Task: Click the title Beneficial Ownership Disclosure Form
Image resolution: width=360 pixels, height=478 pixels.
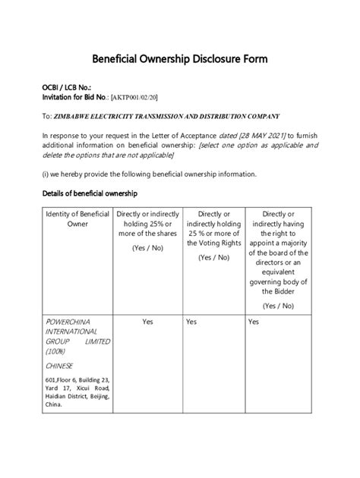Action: pyautogui.click(x=179, y=58)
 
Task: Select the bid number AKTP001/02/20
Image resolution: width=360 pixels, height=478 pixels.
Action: pyautogui.click(x=134, y=99)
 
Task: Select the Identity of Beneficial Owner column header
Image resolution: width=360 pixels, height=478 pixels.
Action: pyautogui.click(x=78, y=220)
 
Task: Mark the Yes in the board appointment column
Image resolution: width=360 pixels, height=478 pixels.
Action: pyautogui.click(x=254, y=322)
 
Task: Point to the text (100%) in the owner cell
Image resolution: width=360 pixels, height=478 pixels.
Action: pyautogui.click(x=55, y=351)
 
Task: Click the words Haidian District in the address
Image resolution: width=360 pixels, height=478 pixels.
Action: pyautogui.click(x=66, y=396)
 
